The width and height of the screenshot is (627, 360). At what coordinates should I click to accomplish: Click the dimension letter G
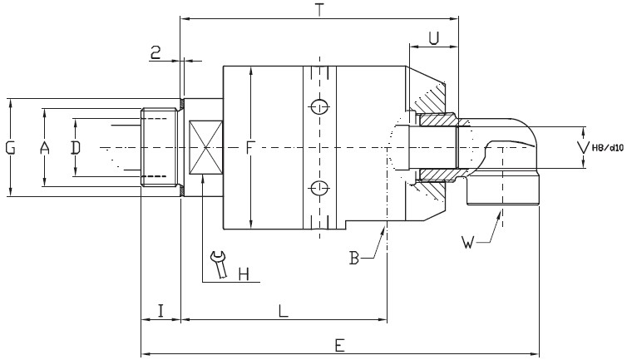(11, 148)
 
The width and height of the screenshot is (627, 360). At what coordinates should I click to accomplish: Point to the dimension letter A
(45, 148)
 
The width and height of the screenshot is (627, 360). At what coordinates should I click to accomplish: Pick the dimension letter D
(75, 148)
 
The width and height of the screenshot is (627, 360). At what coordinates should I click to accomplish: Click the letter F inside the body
(250, 149)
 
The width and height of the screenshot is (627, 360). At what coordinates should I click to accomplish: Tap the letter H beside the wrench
(244, 274)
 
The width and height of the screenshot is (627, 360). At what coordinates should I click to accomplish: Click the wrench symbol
(219, 265)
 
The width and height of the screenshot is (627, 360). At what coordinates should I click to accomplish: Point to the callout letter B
(354, 259)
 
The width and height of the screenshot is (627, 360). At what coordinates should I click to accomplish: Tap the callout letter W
(468, 243)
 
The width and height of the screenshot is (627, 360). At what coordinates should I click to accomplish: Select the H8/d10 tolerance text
(605, 149)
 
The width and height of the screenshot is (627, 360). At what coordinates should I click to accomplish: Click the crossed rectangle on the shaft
(204, 148)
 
